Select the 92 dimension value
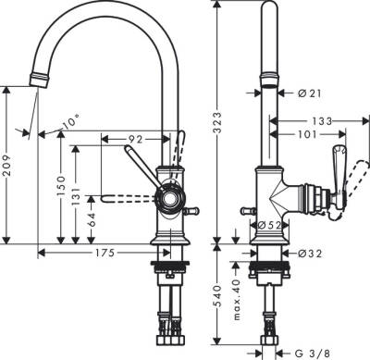[134, 138]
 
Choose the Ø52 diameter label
[270, 225]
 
